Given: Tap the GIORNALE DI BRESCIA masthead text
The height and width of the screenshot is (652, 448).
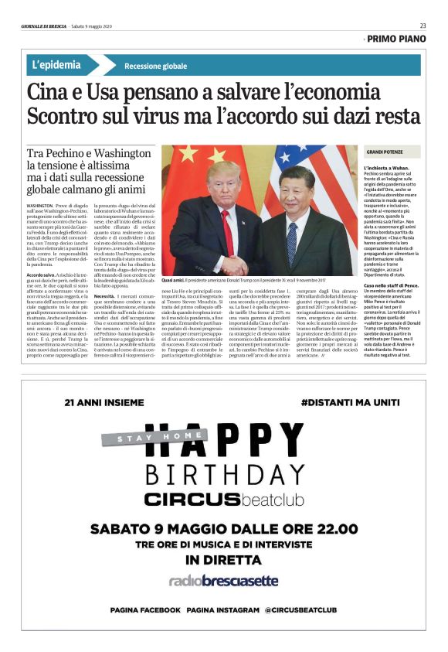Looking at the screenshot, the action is coord(45,26).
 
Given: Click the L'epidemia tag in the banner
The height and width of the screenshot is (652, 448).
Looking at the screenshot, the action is coord(59,65).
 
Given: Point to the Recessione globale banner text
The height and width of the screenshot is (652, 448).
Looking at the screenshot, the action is coord(155,67).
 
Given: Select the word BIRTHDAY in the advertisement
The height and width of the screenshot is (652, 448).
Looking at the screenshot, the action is coord(222,472).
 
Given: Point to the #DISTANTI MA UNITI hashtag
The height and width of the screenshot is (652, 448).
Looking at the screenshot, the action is coord(350,403).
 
